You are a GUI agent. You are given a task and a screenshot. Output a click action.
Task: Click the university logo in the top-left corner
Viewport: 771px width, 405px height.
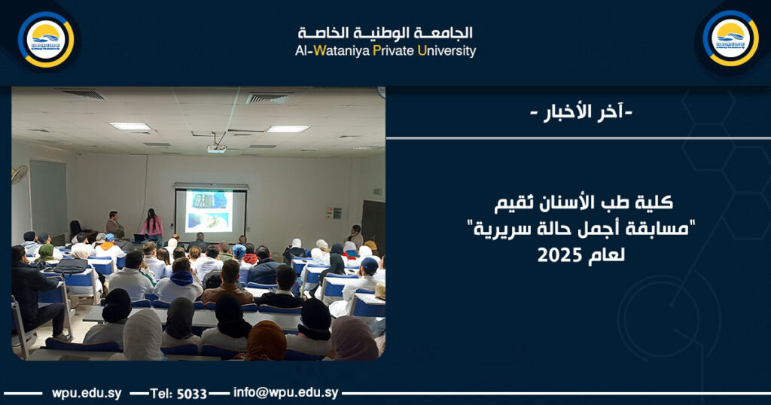point(46,39)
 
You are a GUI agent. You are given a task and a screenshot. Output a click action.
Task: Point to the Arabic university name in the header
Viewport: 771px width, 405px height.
point(385,32)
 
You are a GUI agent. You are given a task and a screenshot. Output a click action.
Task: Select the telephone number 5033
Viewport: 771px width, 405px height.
point(192,393)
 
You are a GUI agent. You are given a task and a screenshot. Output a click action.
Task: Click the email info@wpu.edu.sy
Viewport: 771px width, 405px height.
point(285,393)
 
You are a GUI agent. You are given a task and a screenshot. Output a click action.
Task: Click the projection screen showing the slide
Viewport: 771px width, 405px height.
point(210,211)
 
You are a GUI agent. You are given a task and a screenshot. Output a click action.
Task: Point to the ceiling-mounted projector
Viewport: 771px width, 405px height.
point(216,148)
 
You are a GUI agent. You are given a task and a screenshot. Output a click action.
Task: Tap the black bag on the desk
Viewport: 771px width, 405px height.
point(71,265)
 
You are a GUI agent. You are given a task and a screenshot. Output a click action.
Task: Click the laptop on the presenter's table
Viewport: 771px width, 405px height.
point(139,238)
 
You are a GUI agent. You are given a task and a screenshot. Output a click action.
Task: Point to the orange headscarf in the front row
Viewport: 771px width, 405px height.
point(267,342)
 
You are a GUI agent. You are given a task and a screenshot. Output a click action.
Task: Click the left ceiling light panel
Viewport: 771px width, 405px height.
point(129,126)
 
